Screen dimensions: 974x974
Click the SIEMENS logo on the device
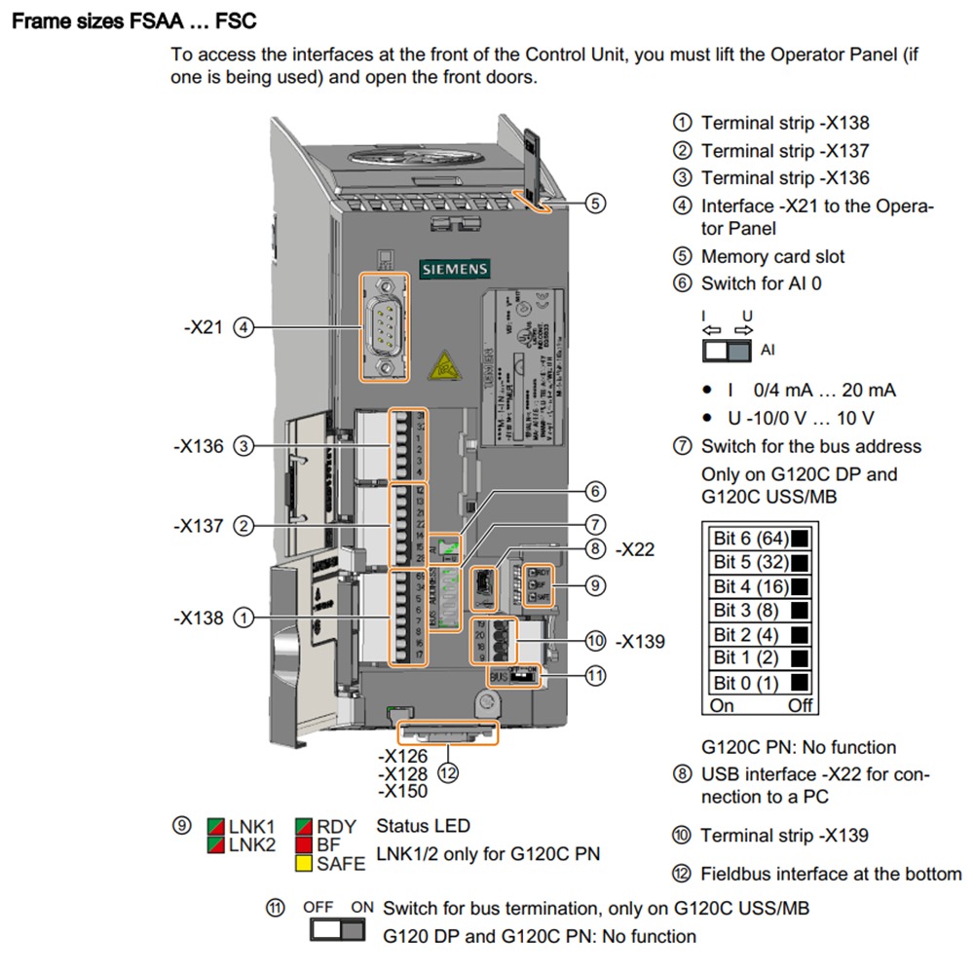pyautogui.click(x=455, y=269)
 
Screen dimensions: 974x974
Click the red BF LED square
pyautogui.click(x=304, y=844)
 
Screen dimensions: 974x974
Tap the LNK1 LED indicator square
pyautogui.click(x=216, y=826)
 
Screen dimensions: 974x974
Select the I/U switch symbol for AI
pyautogui.click(x=727, y=350)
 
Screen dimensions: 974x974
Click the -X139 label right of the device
pyautogui.click(x=640, y=641)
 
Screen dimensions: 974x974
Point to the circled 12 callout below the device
pyautogui.click(x=447, y=773)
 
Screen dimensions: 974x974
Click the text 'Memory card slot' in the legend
pyautogui.click(x=772, y=257)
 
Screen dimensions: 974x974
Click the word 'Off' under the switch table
pyautogui.click(x=800, y=705)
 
